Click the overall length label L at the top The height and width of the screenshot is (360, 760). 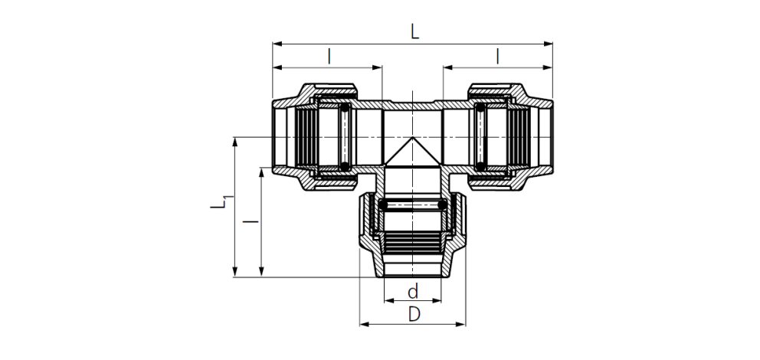414,31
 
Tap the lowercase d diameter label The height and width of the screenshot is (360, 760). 413,291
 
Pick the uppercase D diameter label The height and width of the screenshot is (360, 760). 414,314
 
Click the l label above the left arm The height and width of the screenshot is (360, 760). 329,56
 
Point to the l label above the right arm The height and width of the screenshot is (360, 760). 498,56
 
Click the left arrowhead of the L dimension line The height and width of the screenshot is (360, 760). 277,44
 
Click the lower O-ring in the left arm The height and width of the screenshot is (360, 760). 346,165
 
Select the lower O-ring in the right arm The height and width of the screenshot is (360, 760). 480,165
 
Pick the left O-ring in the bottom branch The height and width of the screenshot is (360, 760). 384,205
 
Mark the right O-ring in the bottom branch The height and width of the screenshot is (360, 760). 442,205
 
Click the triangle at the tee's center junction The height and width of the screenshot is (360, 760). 413,151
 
